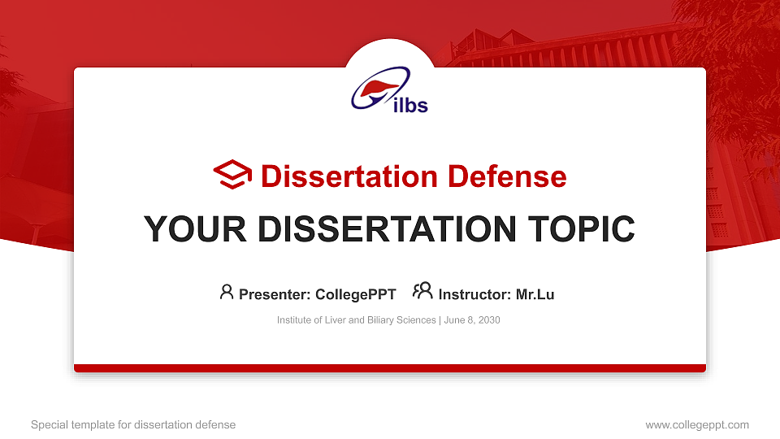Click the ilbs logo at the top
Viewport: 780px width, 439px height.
(390, 91)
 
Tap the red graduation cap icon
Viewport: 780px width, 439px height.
(232, 176)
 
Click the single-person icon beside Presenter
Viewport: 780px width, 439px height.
(227, 292)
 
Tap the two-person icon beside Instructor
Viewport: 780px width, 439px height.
(422, 292)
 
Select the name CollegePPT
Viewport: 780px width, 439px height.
(355, 294)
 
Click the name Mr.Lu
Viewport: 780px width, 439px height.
(535, 294)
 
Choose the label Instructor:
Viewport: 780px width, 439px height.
(474, 294)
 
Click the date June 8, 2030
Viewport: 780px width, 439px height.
(472, 320)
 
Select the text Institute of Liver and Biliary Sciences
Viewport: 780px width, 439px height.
(356, 320)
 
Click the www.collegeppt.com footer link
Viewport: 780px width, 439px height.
(697, 424)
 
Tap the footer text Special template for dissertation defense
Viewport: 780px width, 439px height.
(133, 424)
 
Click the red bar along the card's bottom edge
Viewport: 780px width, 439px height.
(390, 368)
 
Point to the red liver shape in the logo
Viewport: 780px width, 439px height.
(377, 86)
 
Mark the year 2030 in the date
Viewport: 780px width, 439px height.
(489, 320)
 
